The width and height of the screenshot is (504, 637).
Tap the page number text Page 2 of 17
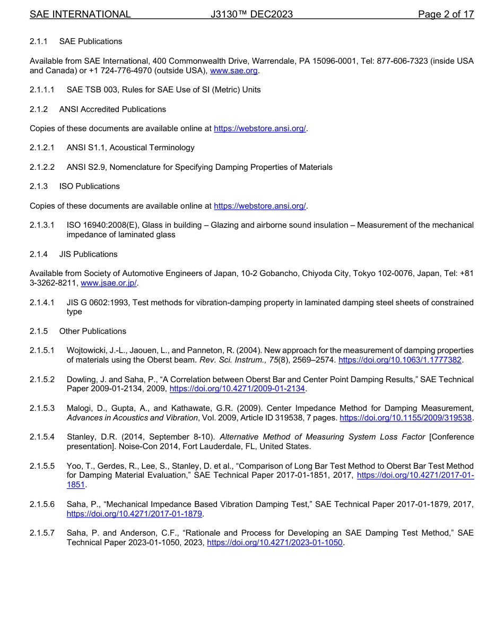click(x=446, y=14)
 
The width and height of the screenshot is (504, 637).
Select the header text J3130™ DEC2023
click(x=251, y=14)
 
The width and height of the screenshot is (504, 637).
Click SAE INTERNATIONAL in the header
click(x=80, y=14)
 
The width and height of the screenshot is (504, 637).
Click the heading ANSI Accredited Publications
click(x=112, y=109)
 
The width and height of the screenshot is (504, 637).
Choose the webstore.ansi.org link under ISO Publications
click(x=259, y=206)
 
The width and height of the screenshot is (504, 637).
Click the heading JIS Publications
click(x=89, y=254)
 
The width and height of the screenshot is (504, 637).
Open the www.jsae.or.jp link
click(x=109, y=283)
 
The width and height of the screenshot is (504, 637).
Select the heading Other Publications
click(x=93, y=331)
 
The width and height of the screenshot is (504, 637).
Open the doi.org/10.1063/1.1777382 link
click(x=401, y=360)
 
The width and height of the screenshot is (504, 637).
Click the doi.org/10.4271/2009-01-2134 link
click(x=237, y=389)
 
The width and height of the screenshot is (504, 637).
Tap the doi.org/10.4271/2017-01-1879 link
click(x=135, y=514)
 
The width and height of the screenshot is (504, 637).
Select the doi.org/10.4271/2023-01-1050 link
click(x=275, y=543)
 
